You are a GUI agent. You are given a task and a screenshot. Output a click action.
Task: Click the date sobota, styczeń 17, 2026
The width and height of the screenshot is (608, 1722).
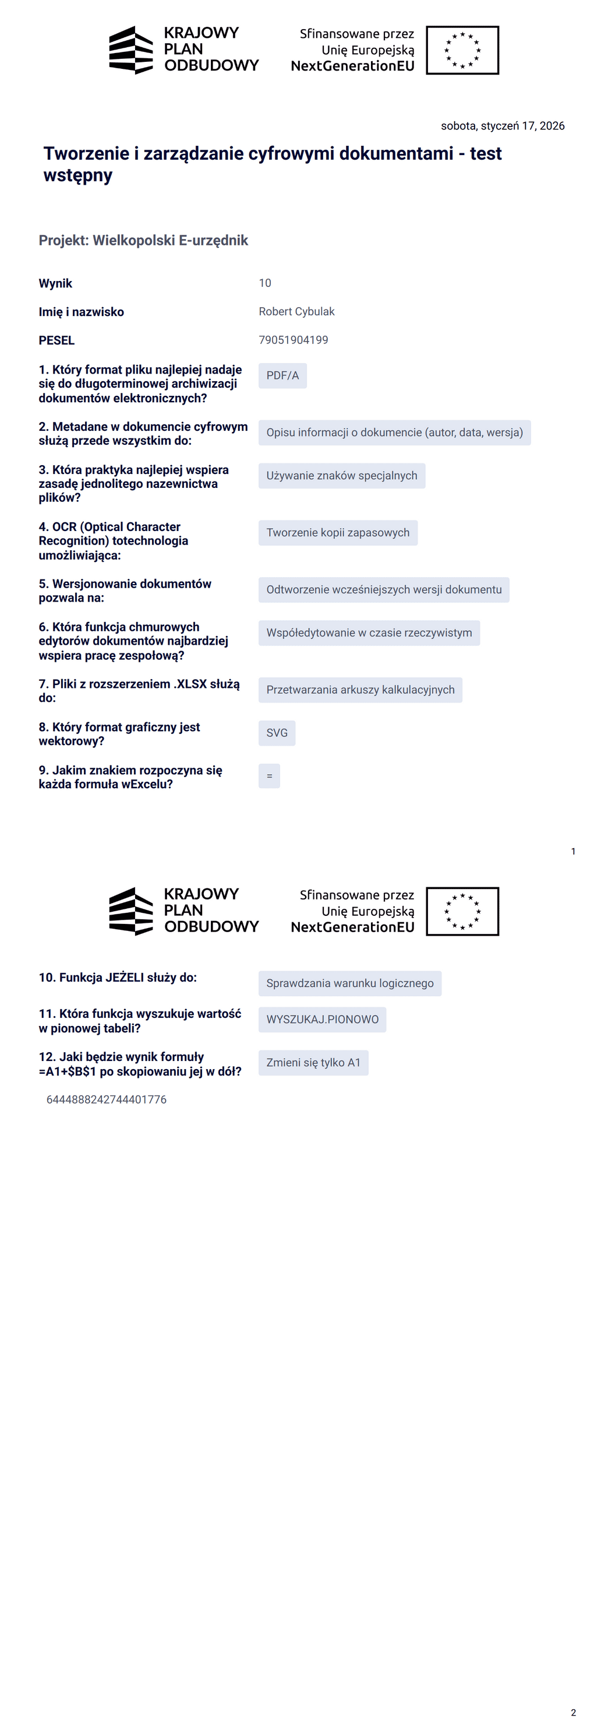pos(503,126)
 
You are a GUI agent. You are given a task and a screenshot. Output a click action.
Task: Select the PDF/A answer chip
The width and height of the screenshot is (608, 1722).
pos(282,375)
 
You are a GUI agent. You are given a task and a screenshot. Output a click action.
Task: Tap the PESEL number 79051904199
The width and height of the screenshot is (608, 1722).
pos(294,340)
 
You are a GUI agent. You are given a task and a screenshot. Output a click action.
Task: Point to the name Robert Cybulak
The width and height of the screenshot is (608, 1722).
pos(296,311)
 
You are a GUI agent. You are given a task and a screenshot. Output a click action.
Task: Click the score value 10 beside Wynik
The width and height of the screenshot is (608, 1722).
pos(264,283)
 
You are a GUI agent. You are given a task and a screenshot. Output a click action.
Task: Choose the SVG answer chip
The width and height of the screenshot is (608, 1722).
pos(277,733)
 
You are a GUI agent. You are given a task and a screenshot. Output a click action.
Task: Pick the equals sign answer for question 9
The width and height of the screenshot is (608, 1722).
pos(269,776)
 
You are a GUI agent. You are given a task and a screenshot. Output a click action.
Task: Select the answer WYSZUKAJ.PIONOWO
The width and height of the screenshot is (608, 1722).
pos(322,1020)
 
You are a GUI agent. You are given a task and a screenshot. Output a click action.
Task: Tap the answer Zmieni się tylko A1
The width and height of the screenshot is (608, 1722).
pos(313,1063)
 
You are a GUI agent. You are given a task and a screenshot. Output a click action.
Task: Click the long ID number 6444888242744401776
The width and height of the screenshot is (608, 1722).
pos(106,1099)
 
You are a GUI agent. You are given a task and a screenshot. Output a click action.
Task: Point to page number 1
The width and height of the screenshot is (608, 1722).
pos(573,851)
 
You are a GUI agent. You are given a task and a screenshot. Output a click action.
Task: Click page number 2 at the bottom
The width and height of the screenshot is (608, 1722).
pos(573,1713)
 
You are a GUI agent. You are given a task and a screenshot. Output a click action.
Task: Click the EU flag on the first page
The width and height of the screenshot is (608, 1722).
pos(462,50)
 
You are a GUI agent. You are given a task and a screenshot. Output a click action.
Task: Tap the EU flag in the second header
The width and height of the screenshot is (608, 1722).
pos(462,911)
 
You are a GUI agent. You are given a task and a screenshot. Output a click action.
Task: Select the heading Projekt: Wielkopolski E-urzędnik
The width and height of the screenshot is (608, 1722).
pos(143,241)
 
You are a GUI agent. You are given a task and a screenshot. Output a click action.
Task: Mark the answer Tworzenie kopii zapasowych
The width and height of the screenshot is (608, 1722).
pos(338,533)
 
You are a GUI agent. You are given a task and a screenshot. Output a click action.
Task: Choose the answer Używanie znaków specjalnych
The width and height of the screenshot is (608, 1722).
pos(341,476)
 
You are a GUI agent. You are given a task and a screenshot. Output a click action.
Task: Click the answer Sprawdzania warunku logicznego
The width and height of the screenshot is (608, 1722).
pos(349,983)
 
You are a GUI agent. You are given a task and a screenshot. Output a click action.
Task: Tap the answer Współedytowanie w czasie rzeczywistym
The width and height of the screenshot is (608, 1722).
pos(369,633)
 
